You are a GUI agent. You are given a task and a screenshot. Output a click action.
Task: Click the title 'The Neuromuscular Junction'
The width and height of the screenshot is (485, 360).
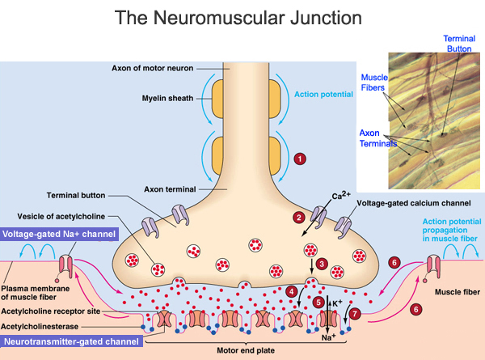(242, 17)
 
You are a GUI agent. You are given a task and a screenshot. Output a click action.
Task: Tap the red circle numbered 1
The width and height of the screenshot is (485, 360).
(300, 159)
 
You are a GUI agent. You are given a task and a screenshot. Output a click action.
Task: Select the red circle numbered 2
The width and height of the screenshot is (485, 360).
(298, 217)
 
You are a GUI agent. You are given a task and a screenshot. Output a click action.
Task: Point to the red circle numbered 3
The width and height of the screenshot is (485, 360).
(321, 264)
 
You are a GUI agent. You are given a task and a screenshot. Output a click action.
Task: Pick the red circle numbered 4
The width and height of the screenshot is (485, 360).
(291, 291)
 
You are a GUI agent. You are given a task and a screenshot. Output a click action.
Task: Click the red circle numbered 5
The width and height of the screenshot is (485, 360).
(319, 302)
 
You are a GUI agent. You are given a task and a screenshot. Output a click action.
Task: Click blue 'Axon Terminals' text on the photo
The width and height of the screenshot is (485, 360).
(375, 137)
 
